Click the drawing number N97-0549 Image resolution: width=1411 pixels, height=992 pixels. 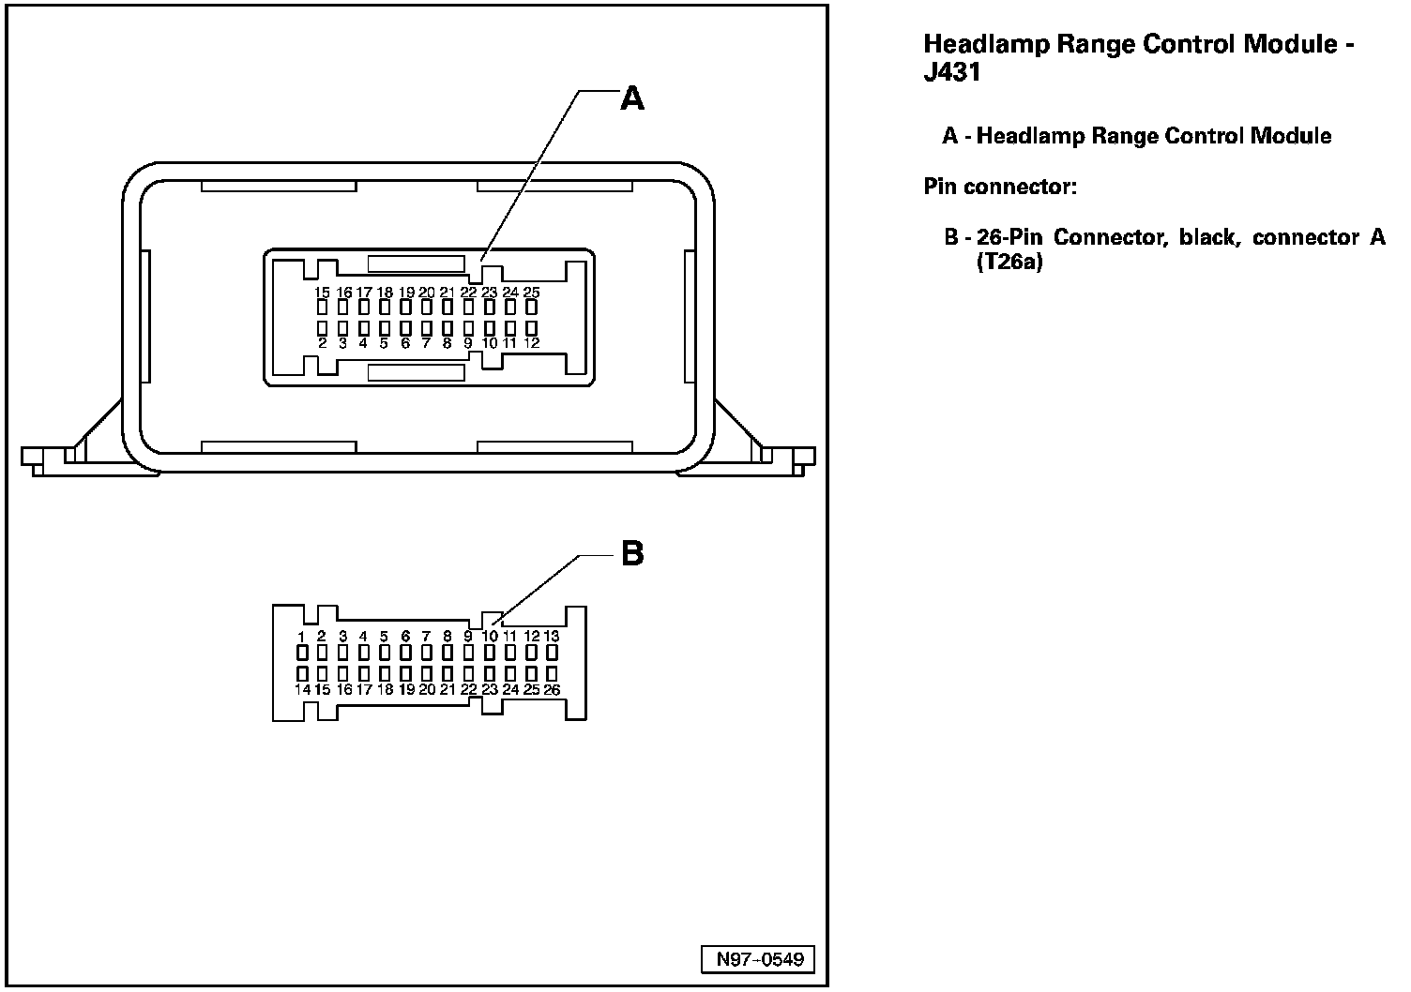pos(759,959)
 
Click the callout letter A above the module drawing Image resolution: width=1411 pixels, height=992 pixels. pos(633,98)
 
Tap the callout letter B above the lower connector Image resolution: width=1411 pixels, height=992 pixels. pos(633,553)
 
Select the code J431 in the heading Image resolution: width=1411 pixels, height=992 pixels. pos(952,73)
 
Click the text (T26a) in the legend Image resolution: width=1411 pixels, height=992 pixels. pos(1009,263)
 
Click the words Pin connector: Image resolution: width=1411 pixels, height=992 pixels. pos(1000,187)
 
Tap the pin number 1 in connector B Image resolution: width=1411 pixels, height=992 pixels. pos(301,637)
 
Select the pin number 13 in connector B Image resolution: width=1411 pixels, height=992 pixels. pos(552,637)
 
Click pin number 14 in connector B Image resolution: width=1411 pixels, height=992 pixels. pos(302,690)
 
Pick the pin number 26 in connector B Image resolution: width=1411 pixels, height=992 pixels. pos(552,690)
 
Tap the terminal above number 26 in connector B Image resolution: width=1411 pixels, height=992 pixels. pos(552,674)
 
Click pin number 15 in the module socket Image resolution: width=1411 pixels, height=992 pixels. pos(322,293)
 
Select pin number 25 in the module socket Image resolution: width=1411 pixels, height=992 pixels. pos(531,293)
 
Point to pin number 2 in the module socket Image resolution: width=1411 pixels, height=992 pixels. pos(322,343)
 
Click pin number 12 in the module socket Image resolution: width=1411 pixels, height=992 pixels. pos(532,343)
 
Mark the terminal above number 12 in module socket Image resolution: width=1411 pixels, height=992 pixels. pos(532,328)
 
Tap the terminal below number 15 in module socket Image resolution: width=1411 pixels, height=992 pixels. pos(322,307)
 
